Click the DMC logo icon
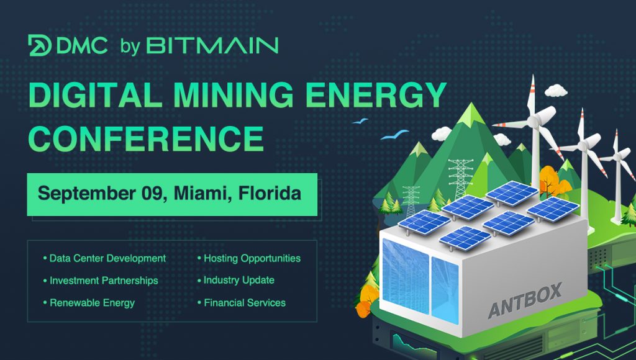pyautogui.click(x=40, y=45)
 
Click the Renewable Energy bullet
pyautogui.click(x=91, y=303)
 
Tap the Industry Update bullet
pyautogui.click(x=238, y=281)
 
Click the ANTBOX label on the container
pyautogui.click(x=525, y=300)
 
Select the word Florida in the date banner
pyautogui.click(x=271, y=192)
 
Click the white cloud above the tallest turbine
pyautogui.click(x=555, y=91)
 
